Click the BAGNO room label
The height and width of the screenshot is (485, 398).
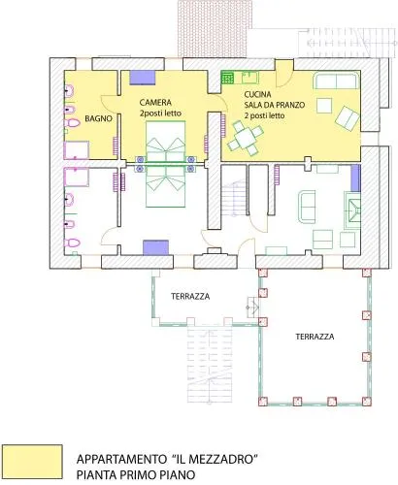[x=98, y=118]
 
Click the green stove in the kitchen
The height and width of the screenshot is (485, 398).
[x=228, y=78]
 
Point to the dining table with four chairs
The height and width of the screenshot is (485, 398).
[x=246, y=138]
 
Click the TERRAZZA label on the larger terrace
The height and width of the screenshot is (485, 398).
[x=315, y=337]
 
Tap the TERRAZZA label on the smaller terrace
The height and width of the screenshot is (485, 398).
[x=190, y=296]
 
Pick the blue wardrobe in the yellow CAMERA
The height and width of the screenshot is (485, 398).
[x=143, y=78]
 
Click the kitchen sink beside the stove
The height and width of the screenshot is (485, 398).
[x=250, y=78]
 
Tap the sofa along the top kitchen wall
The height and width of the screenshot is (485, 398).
[x=336, y=81]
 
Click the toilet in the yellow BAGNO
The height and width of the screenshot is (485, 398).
[x=72, y=123]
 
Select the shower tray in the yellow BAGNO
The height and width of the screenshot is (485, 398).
[x=77, y=150]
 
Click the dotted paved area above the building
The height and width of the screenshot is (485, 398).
[x=212, y=28]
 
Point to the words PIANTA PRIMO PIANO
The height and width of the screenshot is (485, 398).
[x=136, y=474]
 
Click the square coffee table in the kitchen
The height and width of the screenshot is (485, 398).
[x=324, y=106]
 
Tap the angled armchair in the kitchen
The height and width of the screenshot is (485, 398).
[x=348, y=118]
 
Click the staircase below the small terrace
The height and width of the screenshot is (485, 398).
[x=210, y=364]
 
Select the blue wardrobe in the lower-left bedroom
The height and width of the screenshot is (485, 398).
[x=156, y=247]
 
